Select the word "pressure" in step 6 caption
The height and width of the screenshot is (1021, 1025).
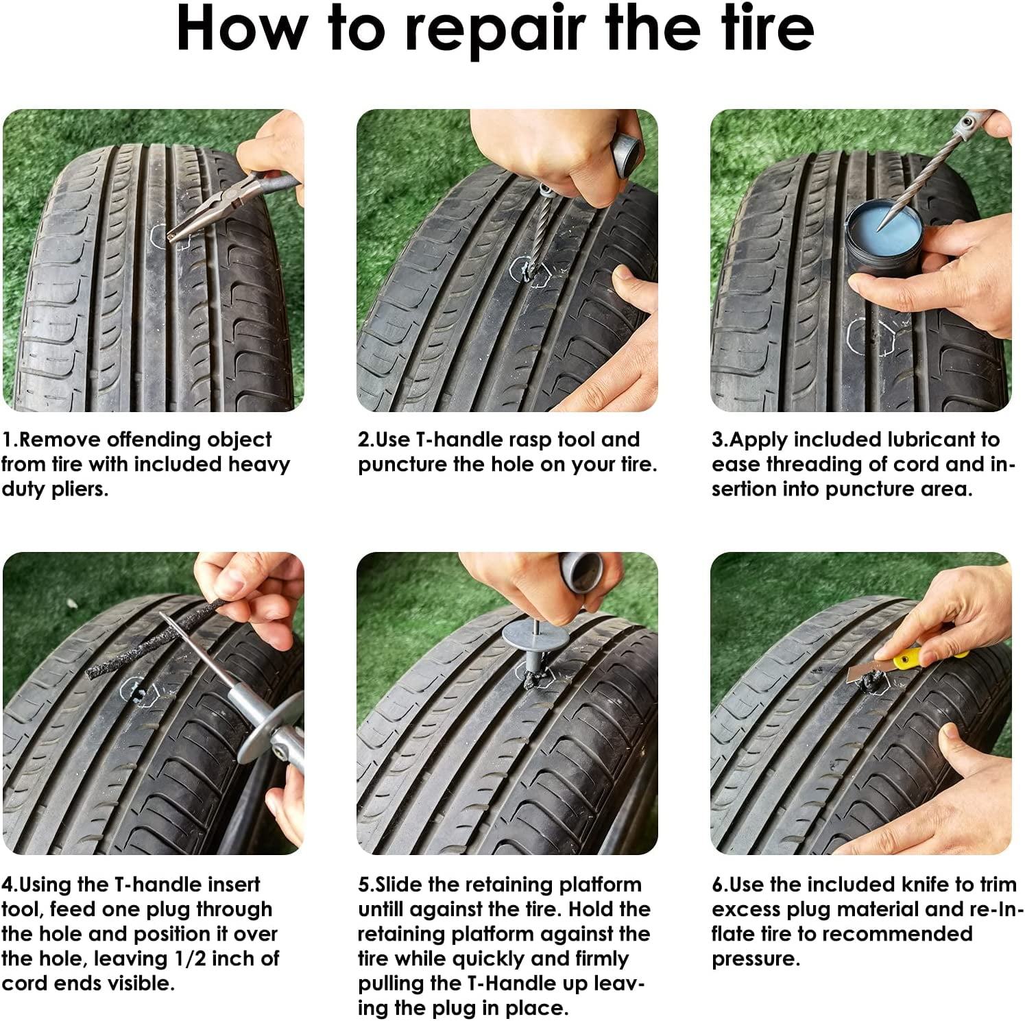pyautogui.click(x=754, y=959)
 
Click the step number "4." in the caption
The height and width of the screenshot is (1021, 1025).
pyautogui.click(x=10, y=885)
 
